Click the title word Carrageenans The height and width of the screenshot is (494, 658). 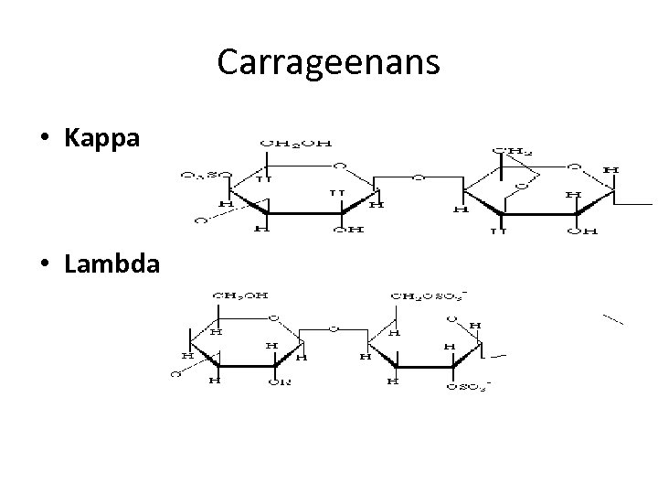coord(329,62)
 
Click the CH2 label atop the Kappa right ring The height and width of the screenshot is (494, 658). coord(509,148)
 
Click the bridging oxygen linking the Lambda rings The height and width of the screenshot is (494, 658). coord(334,327)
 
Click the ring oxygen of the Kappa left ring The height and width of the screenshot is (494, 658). coord(339,166)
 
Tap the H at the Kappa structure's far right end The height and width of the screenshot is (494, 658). coord(610,170)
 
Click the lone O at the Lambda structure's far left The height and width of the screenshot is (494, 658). coord(174,372)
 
